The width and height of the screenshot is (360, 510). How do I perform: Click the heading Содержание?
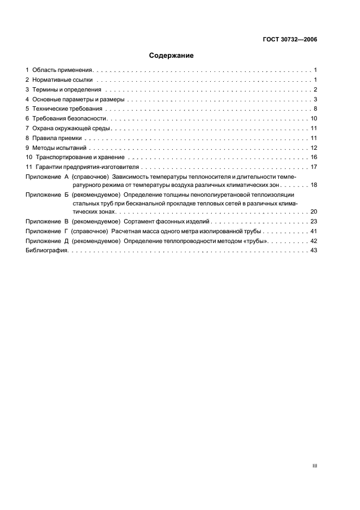(171, 56)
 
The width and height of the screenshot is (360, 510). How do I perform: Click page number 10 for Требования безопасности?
(314, 119)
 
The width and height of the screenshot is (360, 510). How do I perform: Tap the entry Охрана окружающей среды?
(71, 129)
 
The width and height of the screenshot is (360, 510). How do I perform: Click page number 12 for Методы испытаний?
(314, 148)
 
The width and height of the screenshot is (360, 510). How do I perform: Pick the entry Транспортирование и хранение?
(81, 157)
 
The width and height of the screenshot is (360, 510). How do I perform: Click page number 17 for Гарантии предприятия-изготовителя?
(314, 167)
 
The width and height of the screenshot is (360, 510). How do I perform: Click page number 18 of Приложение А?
(314, 185)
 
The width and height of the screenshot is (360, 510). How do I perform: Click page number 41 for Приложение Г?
(314, 232)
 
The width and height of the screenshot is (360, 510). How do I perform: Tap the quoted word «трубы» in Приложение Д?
(255, 241)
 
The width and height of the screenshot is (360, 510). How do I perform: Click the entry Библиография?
(47, 251)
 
